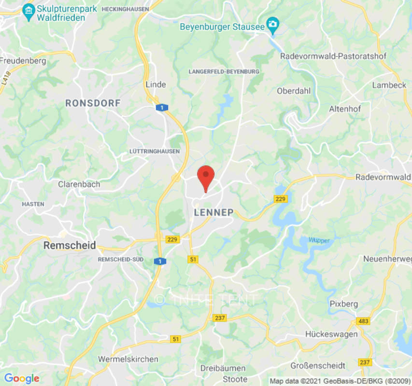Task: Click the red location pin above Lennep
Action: coord(206,176)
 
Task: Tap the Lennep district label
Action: coord(213,212)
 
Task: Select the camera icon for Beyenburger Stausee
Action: coord(273,24)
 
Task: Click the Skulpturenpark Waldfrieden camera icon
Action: coord(28,10)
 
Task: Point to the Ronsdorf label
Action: coord(93,103)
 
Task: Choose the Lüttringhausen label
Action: coord(155,151)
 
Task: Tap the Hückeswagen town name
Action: coord(331,334)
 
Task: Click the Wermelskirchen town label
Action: coord(128,359)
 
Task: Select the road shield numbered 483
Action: coord(363,321)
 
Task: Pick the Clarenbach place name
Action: coord(79,184)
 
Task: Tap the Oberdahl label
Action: coord(295,91)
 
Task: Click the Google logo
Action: coord(21,379)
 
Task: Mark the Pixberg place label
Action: coord(344,303)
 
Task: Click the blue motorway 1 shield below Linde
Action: coord(159,108)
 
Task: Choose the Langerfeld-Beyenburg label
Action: coord(224,71)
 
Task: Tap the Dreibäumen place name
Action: coord(223,368)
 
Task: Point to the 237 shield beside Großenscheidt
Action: coord(365,362)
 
